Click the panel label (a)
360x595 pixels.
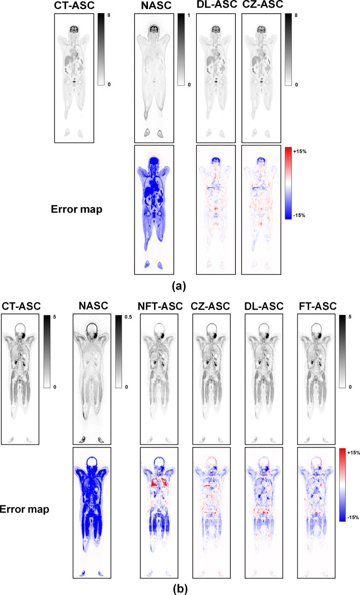tap(180, 286)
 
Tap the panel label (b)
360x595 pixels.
tap(180, 588)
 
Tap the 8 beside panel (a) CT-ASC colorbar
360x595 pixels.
tap(109, 15)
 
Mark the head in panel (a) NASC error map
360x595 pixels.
tap(154, 163)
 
